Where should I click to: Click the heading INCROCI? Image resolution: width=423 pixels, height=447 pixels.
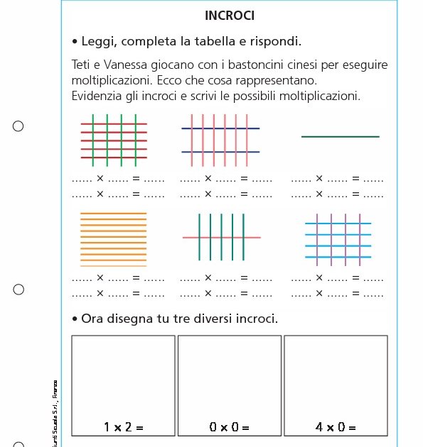229,16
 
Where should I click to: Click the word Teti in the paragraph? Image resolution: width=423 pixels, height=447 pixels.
83,65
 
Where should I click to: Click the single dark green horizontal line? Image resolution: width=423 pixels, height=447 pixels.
340,136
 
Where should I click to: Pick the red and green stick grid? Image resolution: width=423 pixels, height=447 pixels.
114,140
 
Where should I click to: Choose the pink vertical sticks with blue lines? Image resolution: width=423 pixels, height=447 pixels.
220,140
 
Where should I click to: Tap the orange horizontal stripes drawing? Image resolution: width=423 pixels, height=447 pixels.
114,239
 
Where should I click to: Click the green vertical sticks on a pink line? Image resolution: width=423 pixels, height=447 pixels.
221,236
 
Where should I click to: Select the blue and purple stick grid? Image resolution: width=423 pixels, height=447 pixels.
338,238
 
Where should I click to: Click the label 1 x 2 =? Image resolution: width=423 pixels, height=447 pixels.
124,427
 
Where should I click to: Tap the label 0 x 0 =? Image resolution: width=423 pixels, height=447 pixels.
229,427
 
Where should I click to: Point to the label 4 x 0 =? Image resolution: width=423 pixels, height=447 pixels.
336,427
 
